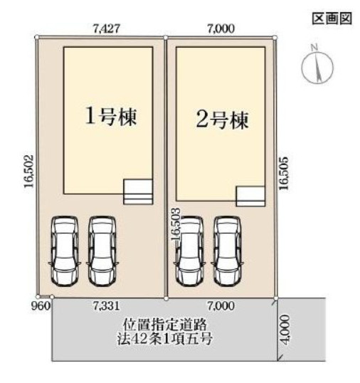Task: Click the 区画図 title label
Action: (332, 19)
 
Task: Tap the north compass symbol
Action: (317, 65)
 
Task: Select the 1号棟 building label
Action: (111, 117)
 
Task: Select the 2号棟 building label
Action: (223, 120)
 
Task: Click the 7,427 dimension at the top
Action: (107, 28)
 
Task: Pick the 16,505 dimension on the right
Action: (284, 173)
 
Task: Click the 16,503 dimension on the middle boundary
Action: (176, 225)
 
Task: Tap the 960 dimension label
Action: (41, 305)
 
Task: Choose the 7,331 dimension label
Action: (107, 305)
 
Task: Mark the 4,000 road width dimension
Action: (285, 330)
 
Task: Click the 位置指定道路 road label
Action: (165, 325)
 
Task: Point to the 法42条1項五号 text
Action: (164, 338)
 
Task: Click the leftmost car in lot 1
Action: (65, 251)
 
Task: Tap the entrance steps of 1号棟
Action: (138, 192)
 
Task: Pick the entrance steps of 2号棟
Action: (250, 196)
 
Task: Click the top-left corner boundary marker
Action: (37, 37)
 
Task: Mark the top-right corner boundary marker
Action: (275, 37)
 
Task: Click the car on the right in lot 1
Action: (102, 251)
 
